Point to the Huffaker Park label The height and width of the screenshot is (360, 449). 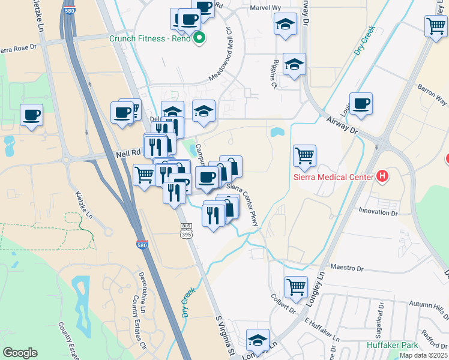pyautogui.click(x=392, y=345)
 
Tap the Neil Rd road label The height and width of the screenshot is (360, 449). pyautogui.click(x=127, y=154)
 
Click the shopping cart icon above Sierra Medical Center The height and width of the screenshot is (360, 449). pyautogui.click(x=304, y=155)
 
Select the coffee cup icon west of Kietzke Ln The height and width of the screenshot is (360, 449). pyautogui.click(x=31, y=114)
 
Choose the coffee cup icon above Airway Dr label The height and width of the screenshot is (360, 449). pyautogui.click(x=361, y=103)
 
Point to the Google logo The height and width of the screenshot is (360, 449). pyautogui.click(x=20, y=353)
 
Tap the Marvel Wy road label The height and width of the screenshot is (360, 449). pyautogui.click(x=264, y=8)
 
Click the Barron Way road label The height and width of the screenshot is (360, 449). pyautogui.click(x=433, y=94)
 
